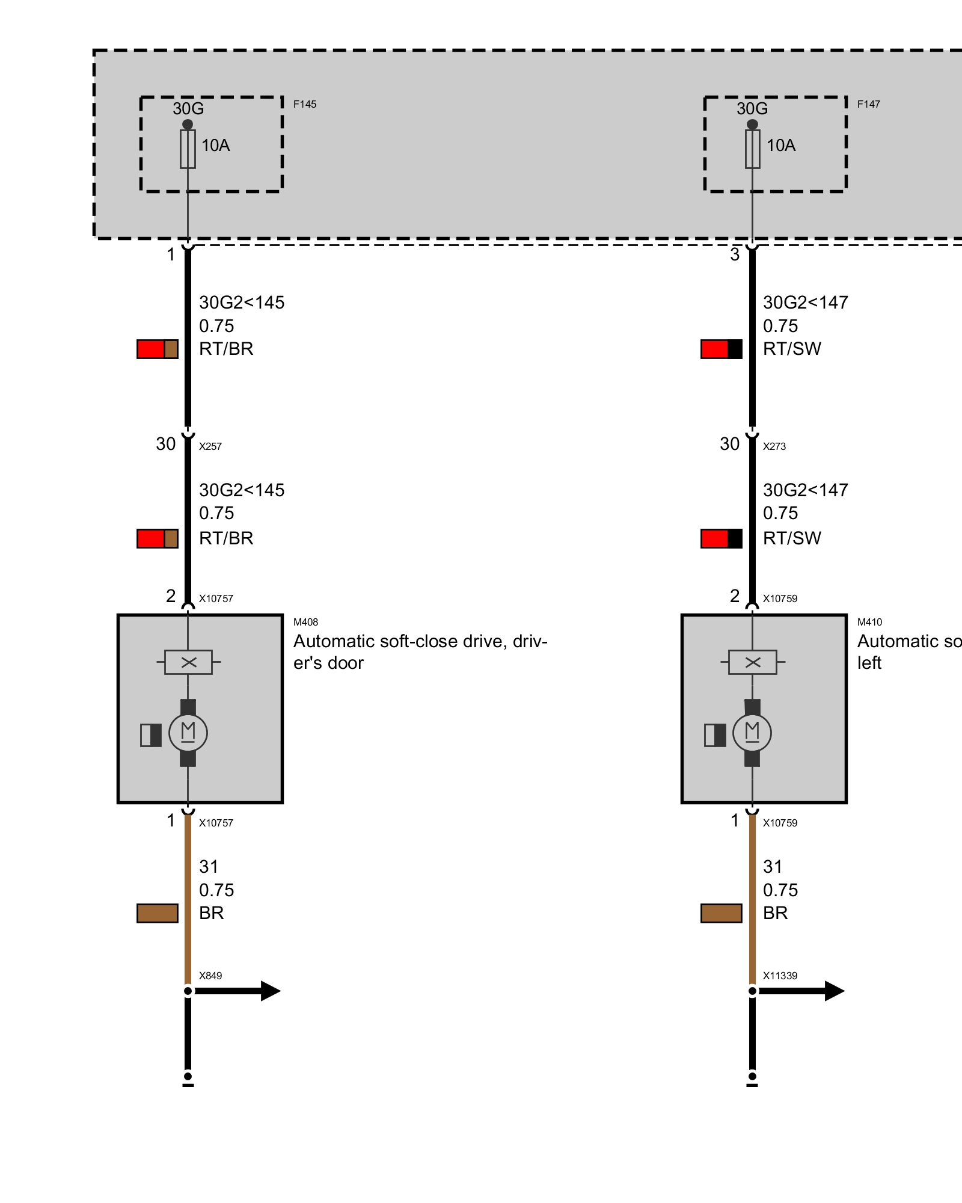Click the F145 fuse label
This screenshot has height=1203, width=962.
point(304,104)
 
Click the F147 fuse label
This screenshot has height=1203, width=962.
point(868,104)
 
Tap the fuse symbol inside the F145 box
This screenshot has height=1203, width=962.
point(188,149)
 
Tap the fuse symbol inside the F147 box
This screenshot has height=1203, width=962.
point(752,149)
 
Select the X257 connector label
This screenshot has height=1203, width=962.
point(210,446)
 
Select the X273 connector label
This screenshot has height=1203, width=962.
point(774,446)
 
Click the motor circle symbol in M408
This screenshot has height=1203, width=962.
point(188,733)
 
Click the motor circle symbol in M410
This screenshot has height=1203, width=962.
point(752,733)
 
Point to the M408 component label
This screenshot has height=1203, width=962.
point(305,622)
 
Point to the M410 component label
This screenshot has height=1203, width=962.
point(869,622)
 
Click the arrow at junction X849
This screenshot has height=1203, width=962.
point(237,991)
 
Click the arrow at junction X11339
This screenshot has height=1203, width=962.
point(801,991)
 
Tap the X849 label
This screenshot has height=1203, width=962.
point(210,976)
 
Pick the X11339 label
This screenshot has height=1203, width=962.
point(780,976)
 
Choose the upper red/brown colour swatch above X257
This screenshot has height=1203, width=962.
point(158,349)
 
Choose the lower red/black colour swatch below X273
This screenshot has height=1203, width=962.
point(721,538)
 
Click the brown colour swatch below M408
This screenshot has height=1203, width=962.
point(158,913)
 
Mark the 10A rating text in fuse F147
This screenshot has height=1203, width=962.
point(780,146)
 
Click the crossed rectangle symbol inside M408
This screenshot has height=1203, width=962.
point(188,662)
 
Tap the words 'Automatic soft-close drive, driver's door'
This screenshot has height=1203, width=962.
point(420,652)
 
